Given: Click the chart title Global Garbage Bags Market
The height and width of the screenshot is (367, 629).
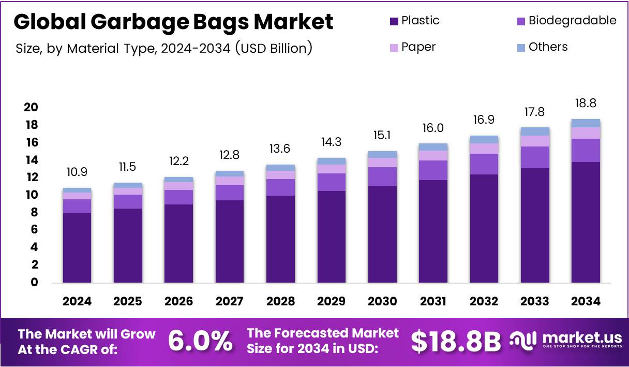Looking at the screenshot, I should tap(173, 22).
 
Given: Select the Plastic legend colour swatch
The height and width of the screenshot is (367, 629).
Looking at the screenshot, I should tap(394, 21).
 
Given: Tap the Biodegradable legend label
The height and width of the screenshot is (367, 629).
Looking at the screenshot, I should tap(572, 21).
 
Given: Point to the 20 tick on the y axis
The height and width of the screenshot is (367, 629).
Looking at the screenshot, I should tap(31, 107).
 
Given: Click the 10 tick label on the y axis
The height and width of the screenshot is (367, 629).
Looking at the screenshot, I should tap(31, 195).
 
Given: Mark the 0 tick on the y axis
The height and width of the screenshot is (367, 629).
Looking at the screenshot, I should tap(34, 282).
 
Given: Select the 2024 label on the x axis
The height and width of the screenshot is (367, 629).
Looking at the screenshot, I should tap(77, 301).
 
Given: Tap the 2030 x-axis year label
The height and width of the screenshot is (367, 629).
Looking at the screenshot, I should tap(382, 301).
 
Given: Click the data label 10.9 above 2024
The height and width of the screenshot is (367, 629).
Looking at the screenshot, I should tap(77, 170).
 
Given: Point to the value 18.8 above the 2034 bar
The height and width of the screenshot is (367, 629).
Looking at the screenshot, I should tap(586, 103).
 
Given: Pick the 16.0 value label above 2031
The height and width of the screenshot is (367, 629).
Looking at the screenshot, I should tap(433, 128).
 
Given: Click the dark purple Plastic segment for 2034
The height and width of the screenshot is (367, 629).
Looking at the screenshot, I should tap(586, 223).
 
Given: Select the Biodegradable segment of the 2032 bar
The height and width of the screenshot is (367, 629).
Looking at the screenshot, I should tap(484, 164).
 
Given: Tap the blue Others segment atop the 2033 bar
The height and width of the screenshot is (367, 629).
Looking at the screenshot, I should tap(535, 131).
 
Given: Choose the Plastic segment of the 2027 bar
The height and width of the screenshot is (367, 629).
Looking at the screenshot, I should tap(230, 241).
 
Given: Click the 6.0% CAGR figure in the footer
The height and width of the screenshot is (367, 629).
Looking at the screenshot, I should tap(200, 341).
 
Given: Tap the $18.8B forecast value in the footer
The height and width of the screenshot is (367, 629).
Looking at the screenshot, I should tap(456, 341).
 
